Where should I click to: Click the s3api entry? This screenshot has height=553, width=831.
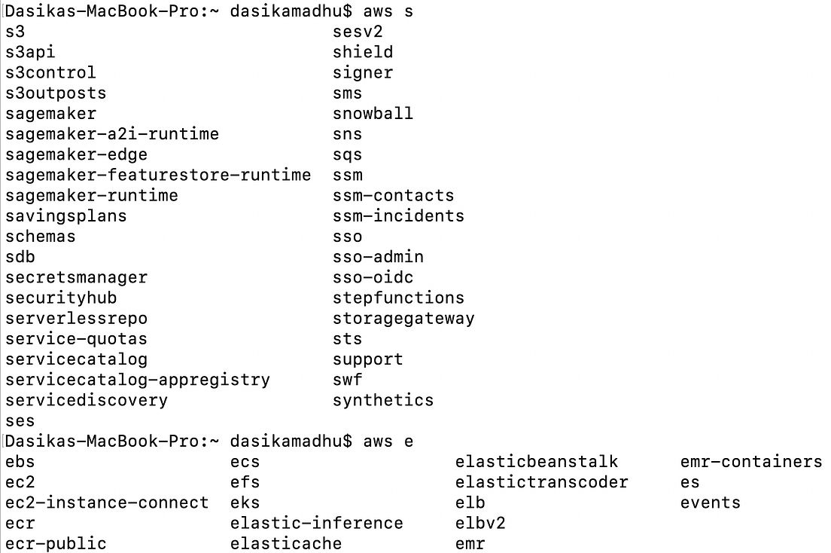(30, 52)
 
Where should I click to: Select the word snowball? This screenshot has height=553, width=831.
(373, 114)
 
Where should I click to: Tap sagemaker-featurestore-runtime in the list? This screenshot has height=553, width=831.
(157, 175)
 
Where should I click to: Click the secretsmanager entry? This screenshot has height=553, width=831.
(76, 277)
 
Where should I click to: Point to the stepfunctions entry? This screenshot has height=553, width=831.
(398, 298)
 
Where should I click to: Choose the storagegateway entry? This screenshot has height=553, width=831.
(403, 318)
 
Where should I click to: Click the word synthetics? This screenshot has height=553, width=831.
(383, 400)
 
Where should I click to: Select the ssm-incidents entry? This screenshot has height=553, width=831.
(398, 216)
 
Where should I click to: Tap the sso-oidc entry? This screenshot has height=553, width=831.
(373, 277)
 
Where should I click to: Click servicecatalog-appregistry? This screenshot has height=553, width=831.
(137, 380)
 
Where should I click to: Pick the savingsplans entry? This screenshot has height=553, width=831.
(65, 216)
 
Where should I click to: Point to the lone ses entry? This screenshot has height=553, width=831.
(20, 421)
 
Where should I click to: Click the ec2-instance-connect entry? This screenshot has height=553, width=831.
(106, 503)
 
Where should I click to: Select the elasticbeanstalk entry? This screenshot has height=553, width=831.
(536, 462)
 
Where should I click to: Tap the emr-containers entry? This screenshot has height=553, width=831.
(750, 462)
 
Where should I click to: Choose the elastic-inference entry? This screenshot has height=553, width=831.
(316, 523)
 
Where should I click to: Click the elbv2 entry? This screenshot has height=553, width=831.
(480, 523)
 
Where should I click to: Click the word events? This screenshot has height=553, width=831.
(710, 503)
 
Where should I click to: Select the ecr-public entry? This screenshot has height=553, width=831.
(56, 543)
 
